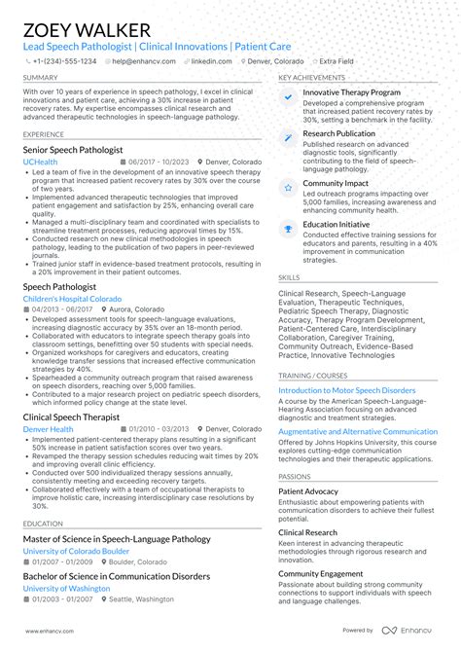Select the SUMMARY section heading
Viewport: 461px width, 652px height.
coord(40,77)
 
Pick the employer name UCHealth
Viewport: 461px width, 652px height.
coord(40,163)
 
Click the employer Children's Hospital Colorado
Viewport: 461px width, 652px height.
coord(72,299)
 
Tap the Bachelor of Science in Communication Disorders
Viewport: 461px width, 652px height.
coord(116,576)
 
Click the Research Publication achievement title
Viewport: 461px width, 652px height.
coord(338,133)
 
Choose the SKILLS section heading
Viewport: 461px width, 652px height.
coord(289,276)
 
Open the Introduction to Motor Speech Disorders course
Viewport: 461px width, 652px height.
coord(346,390)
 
